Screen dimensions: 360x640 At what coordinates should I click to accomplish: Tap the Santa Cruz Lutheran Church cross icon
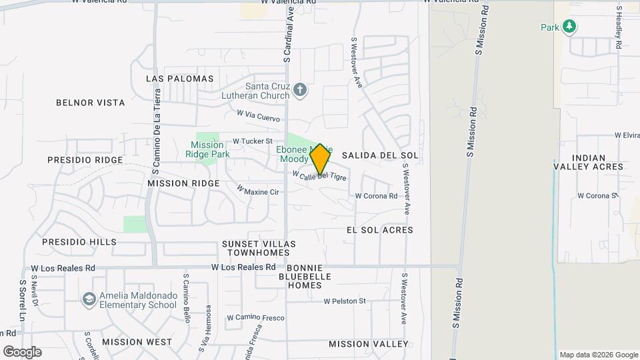pyautogui.click(x=300, y=90)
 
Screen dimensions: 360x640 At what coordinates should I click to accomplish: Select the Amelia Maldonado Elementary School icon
pyautogui.click(x=89, y=299)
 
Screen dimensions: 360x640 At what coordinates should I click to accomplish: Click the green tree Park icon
pyautogui.click(x=569, y=27)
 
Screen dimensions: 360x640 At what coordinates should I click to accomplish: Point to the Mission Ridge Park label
pyautogui.click(x=207, y=149)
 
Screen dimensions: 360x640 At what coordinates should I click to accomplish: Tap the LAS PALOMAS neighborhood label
pyautogui.click(x=180, y=79)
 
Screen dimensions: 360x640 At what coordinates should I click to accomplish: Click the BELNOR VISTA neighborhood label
pyautogui.click(x=91, y=103)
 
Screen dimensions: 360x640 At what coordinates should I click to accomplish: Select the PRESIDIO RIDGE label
pyautogui.click(x=85, y=160)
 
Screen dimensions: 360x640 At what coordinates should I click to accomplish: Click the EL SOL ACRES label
pyautogui.click(x=380, y=230)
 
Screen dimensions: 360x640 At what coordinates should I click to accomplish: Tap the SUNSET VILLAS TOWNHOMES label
pyautogui.click(x=259, y=249)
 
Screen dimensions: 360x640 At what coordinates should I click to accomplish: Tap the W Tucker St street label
pyautogui.click(x=253, y=141)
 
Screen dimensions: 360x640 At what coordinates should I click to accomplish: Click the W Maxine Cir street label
pyautogui.click(x=257, y=191)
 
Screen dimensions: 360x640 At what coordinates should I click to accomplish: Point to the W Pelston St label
pyautogui.click(x=345, y=301)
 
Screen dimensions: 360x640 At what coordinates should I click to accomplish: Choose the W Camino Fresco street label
pyautogui.click(x=256, y=317)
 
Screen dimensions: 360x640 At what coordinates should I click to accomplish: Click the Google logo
pyautogui.click(x=22, y=352)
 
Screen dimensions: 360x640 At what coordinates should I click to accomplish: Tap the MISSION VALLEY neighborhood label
pyautogui.click(x=368, y=344)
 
